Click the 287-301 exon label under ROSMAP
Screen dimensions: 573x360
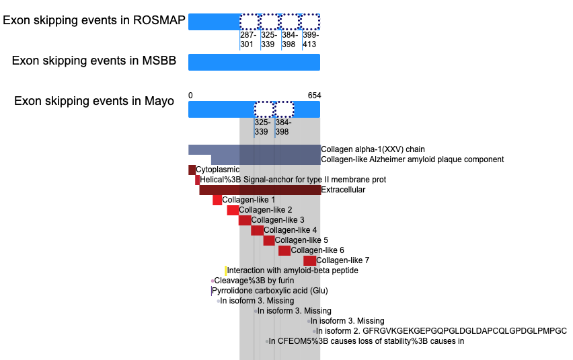248,40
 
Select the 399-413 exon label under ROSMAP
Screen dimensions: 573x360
311,40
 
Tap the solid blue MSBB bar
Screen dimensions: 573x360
254,62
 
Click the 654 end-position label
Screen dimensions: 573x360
314,96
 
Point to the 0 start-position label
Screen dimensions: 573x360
190,96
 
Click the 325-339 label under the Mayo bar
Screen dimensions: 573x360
262,127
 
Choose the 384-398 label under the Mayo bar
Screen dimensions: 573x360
283,127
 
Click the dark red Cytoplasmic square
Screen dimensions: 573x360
192,170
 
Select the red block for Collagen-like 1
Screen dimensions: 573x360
217,200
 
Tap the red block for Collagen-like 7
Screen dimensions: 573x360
309,260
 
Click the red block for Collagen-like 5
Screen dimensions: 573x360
269,240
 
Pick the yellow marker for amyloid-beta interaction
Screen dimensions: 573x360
226,271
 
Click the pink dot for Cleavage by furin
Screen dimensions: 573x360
213,281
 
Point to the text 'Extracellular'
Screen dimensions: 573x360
343,190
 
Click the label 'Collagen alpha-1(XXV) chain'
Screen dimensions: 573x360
373,149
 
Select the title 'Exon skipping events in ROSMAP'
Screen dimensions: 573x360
94,20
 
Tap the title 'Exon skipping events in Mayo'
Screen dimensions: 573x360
94,101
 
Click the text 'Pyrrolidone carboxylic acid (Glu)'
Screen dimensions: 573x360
270,291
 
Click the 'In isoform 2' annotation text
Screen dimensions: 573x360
441,331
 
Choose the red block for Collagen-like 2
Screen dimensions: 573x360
233,210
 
